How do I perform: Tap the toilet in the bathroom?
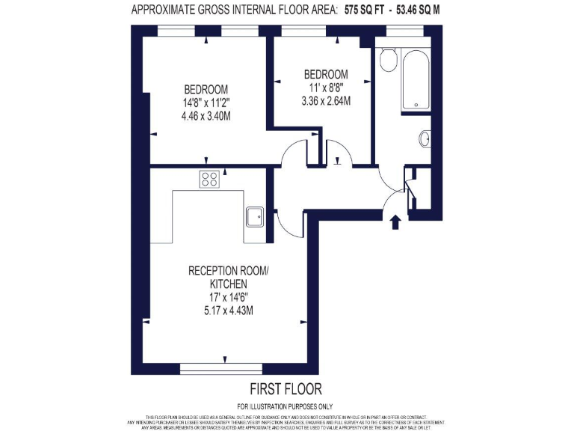[386, 60]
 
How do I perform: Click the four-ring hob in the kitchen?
[209, 179]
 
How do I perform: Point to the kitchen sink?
[254, 215]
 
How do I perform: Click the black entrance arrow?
[395, 221]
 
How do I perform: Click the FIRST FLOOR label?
[286, 389]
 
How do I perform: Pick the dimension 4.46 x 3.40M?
[206, 116]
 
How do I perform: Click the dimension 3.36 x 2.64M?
[326, 100]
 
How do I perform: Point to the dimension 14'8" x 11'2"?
[206, 103]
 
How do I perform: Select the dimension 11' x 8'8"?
[326, 87]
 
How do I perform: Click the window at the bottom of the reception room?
[221, 367]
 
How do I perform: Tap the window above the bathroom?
[403, 31]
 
